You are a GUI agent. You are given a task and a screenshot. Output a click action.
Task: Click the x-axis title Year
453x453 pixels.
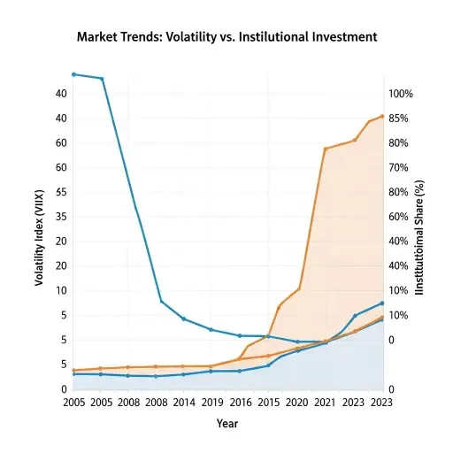(x=227, y=424)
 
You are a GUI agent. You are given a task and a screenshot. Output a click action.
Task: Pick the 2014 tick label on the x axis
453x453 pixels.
(x=184, y=402)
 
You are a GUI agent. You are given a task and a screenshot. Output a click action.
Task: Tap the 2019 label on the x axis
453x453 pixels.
(x=211, y=402)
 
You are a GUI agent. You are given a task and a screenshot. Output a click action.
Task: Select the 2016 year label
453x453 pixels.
(x=239, y=402)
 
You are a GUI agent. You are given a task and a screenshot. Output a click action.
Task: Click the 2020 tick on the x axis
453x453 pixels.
(x=297, y=402)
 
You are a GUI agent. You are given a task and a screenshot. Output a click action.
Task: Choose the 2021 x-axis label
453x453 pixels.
(x=326, y=402)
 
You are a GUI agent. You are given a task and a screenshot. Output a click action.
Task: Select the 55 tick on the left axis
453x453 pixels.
(x=62, y=192)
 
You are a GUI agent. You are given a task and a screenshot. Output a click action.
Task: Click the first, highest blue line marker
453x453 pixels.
(x=73, y=74)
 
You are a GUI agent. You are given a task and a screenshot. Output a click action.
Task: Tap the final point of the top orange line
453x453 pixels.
(x=382, y=116)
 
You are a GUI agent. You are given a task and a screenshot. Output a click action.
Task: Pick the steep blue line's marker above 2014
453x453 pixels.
(x=184, y=319)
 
